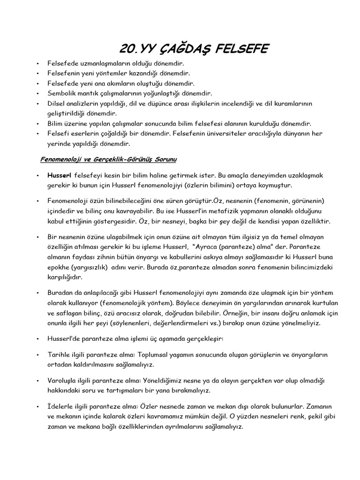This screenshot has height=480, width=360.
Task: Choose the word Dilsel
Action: (x=56, y=103)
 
